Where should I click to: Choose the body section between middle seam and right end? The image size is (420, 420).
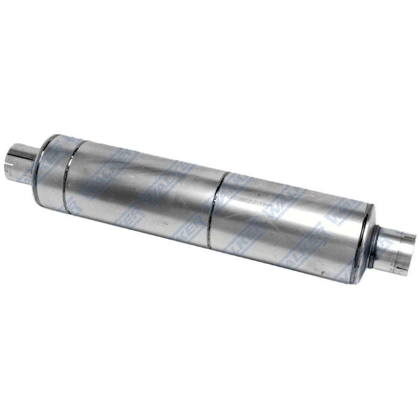(289, 226)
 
